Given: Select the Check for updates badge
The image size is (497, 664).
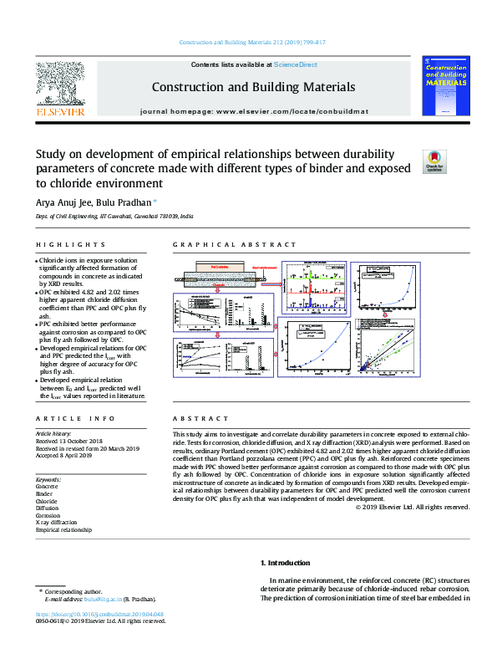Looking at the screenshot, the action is click(436, 161).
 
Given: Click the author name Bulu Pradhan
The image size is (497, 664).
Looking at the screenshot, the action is click(117, 202).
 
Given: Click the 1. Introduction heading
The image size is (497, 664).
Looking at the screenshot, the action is click(286, 563).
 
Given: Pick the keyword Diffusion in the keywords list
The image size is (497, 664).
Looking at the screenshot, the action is click(48, 508).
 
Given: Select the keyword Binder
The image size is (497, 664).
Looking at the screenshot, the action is click(44, 493).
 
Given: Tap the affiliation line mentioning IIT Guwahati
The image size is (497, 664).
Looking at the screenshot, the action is click(114, 217).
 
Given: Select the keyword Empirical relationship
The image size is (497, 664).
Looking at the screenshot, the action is click(63, 529).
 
